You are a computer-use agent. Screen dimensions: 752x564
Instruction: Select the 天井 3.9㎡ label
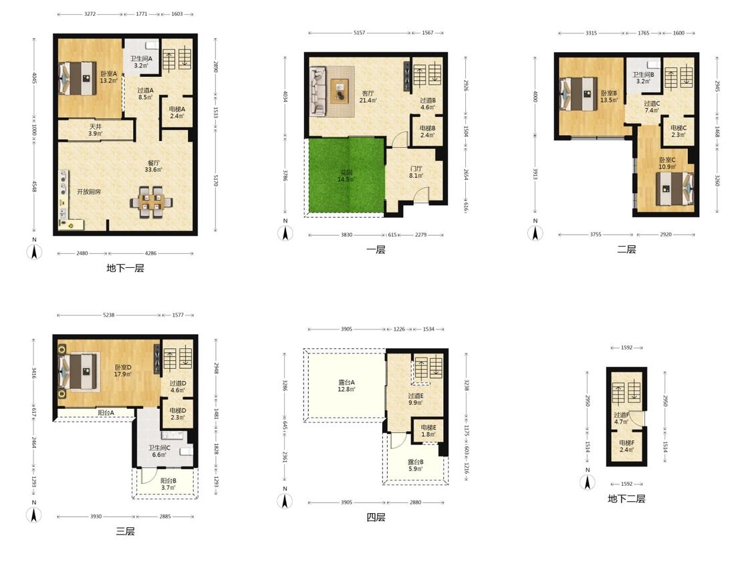click(x=96, y=130)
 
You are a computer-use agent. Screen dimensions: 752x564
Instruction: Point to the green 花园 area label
click(x=346, y=176)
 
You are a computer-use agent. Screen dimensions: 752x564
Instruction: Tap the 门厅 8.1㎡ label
click(x=416, y=172)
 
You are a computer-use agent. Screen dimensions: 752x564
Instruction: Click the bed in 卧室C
click(x=674, y=188)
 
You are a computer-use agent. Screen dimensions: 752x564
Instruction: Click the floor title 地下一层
click(x=125, y=268)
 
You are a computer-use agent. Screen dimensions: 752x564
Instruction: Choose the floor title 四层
click(x=376, y=517)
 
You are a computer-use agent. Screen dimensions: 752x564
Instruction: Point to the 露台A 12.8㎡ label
click(x=346, y=386)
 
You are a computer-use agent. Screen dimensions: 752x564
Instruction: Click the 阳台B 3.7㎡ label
click(x=168, y=484)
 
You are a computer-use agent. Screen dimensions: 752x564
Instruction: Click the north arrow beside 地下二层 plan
click(x=588, y=482)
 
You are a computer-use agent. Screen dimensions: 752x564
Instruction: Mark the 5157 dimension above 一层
click(x=359, y=33)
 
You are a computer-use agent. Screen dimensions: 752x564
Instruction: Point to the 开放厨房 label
click(x=89, y=192)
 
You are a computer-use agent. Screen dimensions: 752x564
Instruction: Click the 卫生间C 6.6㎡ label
click(x=158, y=451)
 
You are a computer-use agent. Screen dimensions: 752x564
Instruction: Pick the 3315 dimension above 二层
click(x=592, y=33)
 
